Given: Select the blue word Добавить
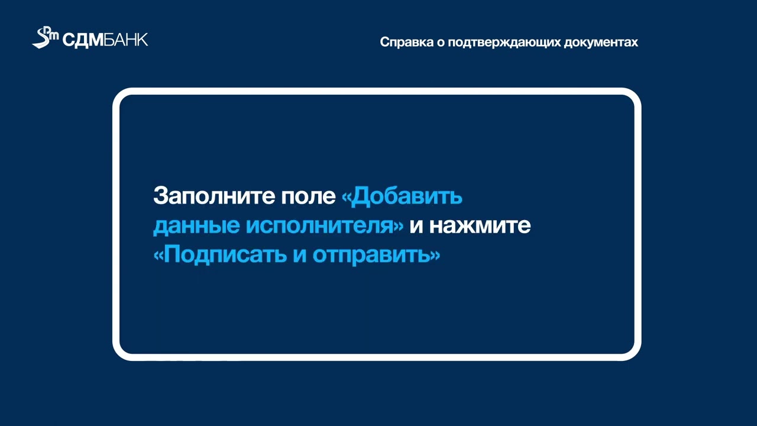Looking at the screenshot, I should point(406,196).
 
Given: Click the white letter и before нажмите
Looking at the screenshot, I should point(416,227).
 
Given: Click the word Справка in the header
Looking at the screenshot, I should point(405,43).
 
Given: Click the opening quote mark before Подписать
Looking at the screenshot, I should point(158,256).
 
